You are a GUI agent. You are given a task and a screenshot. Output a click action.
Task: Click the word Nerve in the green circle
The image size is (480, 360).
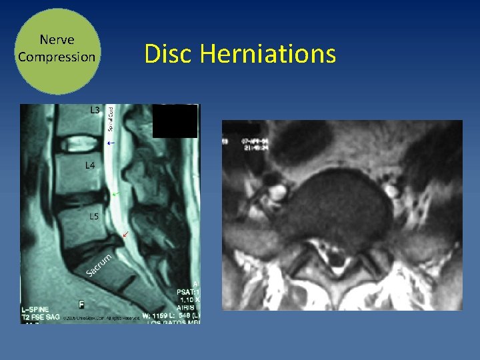pyautogui.click(x=57, y=41)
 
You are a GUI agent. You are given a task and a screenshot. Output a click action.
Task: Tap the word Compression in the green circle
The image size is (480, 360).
pyautogui.click(x=57, y=57)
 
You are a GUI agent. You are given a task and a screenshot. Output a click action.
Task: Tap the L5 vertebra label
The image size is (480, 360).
pyautogui.click(x=95, y=215)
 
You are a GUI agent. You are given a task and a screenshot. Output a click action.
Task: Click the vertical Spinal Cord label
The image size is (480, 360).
pyautogui.click(x=111, y=118)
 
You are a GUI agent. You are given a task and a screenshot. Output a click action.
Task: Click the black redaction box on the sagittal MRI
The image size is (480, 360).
pyautogui.click(x=175, y=121)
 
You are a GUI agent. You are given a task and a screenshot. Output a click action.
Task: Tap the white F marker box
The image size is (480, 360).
pyautogui.click(x=81, y=305)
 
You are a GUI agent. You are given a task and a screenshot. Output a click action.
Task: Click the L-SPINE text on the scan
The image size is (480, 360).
pyautogui.click(x=37, y=310)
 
